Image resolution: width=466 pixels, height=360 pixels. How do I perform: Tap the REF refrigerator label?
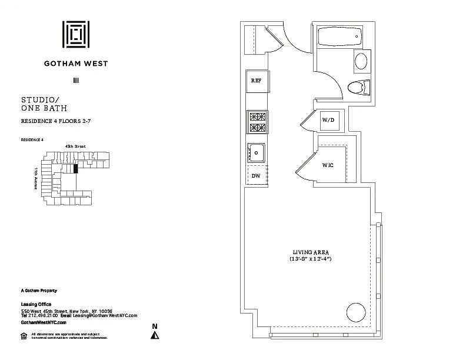coord(256,81)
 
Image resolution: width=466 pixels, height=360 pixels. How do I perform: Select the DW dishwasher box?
coord(256,175)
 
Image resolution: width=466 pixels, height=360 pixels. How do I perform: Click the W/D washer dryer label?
coord(328,121)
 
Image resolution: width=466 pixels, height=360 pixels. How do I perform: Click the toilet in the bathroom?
coord(358,88)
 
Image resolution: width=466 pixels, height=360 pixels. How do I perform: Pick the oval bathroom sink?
coord(361,61)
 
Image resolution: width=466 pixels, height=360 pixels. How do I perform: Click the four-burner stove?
coord(256,122)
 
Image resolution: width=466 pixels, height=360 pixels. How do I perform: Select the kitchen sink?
coord(256,152)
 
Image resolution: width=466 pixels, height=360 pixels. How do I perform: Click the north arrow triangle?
coord(155,335)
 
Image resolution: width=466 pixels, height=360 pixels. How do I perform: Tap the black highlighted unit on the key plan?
coord(75,168)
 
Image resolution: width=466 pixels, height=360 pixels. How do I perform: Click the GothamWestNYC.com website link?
coord(44,322)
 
